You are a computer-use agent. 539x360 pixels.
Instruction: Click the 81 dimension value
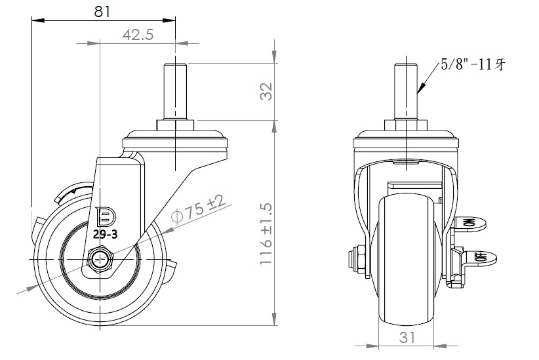(x=102, y=11)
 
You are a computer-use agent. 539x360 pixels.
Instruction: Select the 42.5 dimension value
(x=138, y=35)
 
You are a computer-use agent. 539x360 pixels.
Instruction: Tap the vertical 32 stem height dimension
(x=266, y=91)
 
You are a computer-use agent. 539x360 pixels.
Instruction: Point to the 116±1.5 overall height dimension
(x=266, y=234)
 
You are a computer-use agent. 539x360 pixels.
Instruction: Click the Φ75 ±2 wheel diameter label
(x=198, y=210)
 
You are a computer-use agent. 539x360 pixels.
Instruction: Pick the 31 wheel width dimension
(x=407, y=337)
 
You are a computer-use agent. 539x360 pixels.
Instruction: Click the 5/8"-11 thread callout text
(x=473, y=64)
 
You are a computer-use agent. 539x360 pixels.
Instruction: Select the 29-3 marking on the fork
(x=106, y=235)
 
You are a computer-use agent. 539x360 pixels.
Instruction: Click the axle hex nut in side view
(x=100, y=258)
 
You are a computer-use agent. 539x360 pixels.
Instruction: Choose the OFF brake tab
(x=480, y=257)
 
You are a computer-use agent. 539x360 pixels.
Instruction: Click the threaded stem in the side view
(x=175, y=91)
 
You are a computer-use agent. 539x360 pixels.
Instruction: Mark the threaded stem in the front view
(x=407, y=91)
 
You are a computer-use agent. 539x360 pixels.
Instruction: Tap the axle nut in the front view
(x=356, y=260)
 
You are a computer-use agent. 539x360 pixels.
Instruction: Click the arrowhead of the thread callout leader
(x=421, y=89)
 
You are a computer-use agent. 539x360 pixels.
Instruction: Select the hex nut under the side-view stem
(x=175, y=125)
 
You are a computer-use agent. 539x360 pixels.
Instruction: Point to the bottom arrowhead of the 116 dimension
(x=274, y=318)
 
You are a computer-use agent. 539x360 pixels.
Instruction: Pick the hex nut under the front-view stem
(x=407, y=125)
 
